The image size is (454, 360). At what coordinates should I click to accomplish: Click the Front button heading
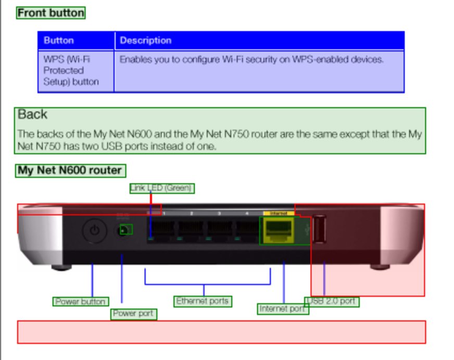(x=51, y=13)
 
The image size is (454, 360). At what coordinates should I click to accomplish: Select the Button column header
(x=59, y=41)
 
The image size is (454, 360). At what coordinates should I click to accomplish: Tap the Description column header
(x=145, y=41)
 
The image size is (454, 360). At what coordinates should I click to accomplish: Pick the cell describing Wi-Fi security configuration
(x=251, y=60)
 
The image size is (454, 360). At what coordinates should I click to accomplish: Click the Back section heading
(x=32, y=115)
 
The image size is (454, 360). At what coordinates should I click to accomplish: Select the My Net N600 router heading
(x=70, y=170)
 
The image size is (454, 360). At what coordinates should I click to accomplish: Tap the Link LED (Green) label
(x=161, y=188)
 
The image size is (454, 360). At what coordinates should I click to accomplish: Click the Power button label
(x=81, y=302)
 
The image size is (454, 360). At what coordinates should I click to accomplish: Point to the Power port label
(x=133, y=314)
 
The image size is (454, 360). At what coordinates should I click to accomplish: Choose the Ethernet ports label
(x=203, y=301)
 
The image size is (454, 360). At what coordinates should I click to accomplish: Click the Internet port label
(x=283, y=309)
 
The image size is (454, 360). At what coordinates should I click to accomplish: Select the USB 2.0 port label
(x=332, y=301)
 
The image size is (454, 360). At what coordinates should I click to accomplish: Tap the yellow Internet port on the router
(x=279, y=229)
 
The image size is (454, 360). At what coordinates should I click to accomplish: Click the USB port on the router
(x=319, y=229)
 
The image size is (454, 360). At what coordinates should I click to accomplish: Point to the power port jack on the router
(x=125, y=229)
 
